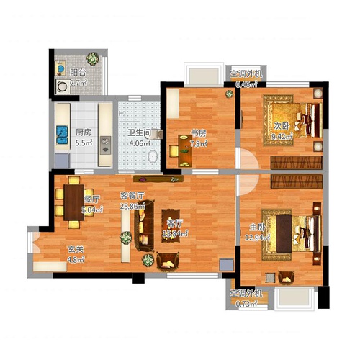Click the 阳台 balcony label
78,72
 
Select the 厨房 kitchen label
83,132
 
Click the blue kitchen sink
61,133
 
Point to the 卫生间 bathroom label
139,132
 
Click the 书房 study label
199,132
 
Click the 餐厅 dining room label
91,199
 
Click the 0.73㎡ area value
246,304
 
